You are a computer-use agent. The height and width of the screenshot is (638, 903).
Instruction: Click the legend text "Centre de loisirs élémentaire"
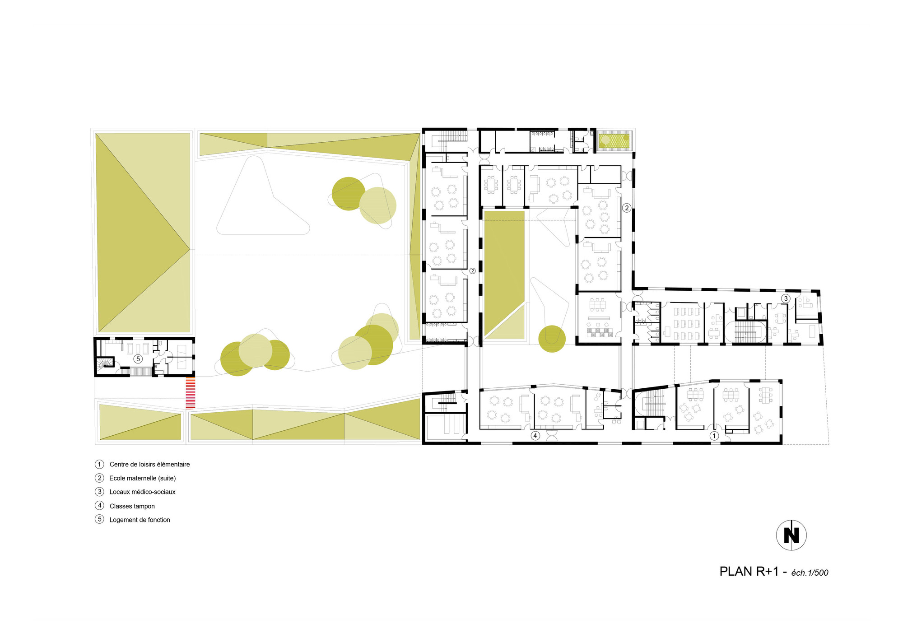pos(149,464)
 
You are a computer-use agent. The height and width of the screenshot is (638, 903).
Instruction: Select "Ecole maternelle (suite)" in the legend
pos(142,478)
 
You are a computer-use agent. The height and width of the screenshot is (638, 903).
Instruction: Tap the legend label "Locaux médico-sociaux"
pos(142,492)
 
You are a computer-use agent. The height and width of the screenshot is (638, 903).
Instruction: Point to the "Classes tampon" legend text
pos(132,506)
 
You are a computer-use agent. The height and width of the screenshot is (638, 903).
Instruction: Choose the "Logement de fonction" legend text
pos(140,520)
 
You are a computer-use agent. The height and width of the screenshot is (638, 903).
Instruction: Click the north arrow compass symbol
pos(791,535)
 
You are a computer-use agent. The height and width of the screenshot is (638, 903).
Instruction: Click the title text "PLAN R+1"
pos(749,572)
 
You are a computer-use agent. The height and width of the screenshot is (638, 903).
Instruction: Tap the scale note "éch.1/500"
pos(810,573)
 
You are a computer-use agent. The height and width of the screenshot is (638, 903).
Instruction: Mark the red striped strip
pos(191,393)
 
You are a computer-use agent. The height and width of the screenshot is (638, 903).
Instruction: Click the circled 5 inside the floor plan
pos(138,359)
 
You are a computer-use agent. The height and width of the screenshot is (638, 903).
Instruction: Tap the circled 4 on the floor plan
pos(535,436)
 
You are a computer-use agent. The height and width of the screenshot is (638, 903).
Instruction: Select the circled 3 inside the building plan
pos(786,298)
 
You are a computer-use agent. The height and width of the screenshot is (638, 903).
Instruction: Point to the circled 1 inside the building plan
pos(714,436)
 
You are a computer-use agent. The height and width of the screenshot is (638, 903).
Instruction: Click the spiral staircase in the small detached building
pos(106,363)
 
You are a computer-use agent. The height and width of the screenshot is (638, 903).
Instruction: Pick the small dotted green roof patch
pos(614,140)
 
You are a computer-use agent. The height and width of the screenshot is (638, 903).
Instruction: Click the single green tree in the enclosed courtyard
pos(552,339)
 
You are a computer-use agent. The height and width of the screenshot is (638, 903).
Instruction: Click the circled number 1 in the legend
pos(99,464)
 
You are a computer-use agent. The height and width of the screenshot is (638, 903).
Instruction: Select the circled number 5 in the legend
pos(99,519)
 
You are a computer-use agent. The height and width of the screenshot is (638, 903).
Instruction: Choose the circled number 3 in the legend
pos(99,492)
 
